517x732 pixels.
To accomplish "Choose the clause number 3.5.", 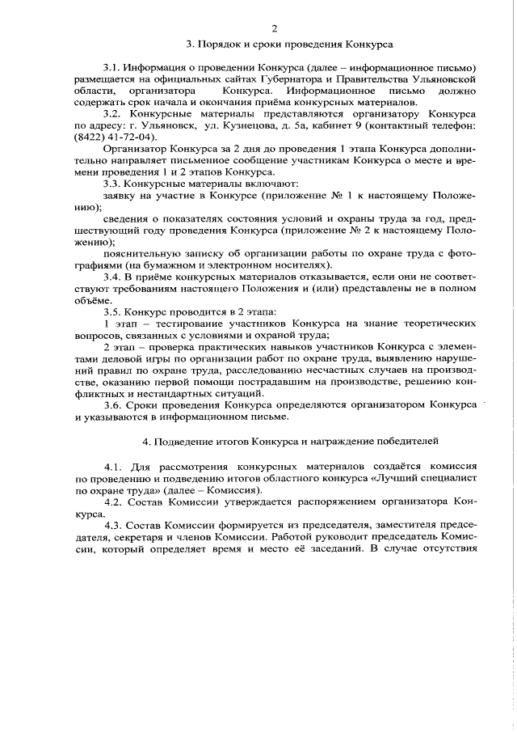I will click(115, 312).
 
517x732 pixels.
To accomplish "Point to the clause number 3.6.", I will click(115, 405).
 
